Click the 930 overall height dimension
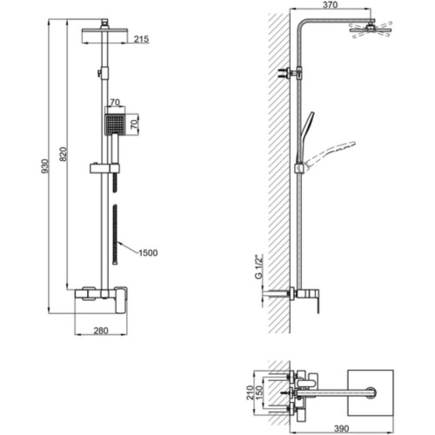pyautogui.click(x=45, y=166)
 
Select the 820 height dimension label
pyautogui.click(x=63, y=154)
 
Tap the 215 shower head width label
pyautogui.click(x=141, y=39)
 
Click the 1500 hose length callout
pyautogui.click(x=148, y=253)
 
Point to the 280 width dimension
pyautogui.click(x=101, y=331)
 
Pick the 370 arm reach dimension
pyautogui.click(x=330, y=4)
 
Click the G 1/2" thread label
pyautogui.click(x=258, y=266)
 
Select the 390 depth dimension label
pyautogui.click(x=341, y=428)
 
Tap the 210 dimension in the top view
pyautogui.click(x=250, y=392)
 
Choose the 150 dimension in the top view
pyautogui.click(x=259, y=392)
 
